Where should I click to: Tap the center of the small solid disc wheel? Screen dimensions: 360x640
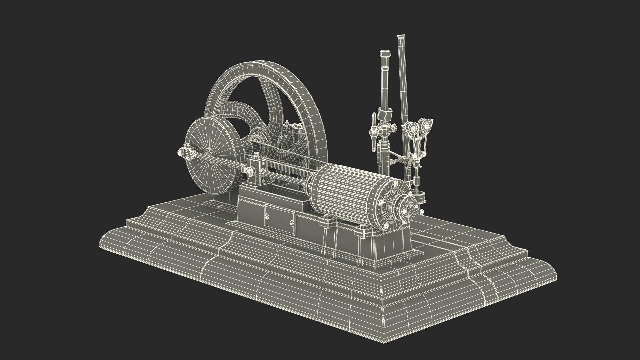pos(212,156)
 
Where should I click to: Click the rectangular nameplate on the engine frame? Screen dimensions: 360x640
pos(280,220)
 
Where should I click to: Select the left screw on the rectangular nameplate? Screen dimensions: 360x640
pos(267,216)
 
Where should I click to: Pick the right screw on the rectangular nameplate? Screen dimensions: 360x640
pos(292,223)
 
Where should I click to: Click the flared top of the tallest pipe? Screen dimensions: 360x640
pos(401,36)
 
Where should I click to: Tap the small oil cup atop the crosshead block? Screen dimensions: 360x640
pos(256,155)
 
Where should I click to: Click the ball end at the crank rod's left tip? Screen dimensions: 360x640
pos(180,153)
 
